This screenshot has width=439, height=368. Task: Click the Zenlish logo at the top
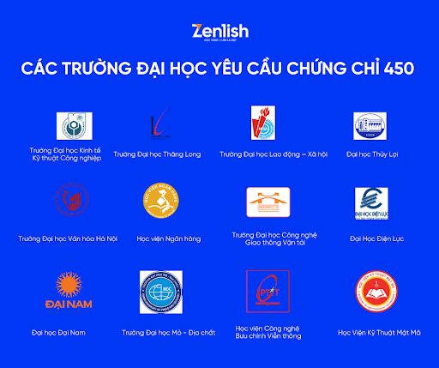tap(219, 32)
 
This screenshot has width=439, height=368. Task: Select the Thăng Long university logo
tap(162, 125)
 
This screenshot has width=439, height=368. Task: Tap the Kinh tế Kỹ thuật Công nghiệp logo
tap(69, 125)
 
